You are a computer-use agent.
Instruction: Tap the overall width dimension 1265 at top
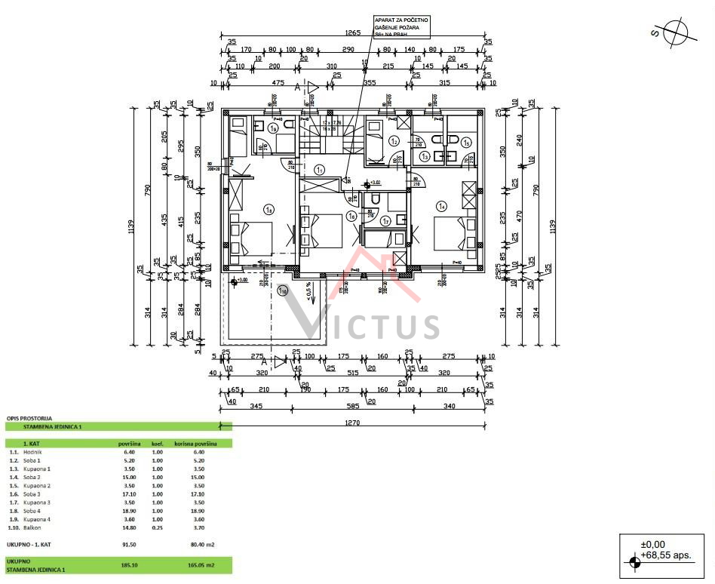point(352,33)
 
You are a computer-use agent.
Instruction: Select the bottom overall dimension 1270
point(352,423)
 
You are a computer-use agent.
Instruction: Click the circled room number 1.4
point(442,204)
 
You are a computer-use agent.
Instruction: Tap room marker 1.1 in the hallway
point(320,171)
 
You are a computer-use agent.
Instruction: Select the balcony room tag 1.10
point(282,290)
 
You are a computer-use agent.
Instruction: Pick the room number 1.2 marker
point(394,140)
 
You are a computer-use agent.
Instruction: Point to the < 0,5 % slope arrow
point(309,292)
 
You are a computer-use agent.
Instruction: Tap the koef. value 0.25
point(158,527)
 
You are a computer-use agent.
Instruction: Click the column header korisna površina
point(195,444)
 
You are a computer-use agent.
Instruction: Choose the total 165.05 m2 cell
point(195,564)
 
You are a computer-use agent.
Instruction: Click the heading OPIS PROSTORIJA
point(29,417)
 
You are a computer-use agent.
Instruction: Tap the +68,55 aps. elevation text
point(666,555)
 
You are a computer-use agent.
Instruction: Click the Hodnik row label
point(33,452)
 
